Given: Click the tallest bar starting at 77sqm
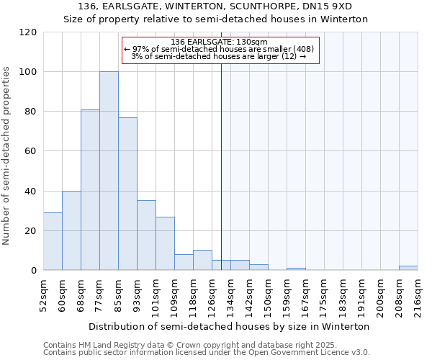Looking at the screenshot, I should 109,171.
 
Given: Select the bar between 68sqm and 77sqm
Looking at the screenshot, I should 90,190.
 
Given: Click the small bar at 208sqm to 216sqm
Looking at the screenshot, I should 408,268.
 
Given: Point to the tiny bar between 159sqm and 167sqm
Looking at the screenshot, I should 296,269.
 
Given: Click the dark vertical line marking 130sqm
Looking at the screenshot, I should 221,166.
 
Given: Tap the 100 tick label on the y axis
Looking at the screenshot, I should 27,72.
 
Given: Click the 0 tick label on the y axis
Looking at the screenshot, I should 32,271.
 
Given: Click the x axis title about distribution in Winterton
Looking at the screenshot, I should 230,326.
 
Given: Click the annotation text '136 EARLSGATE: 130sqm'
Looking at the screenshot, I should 220,42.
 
